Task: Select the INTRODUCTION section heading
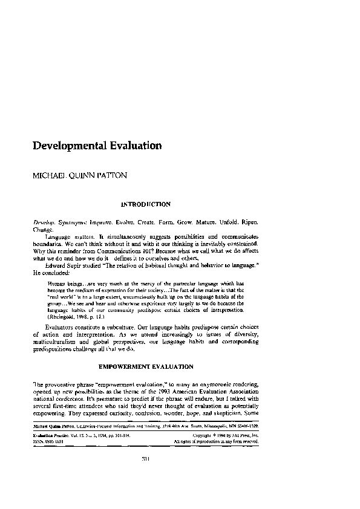pyautogui.click(x=147, y=204)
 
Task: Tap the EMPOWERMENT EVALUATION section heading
pyautogui.click(x=147, y=366)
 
